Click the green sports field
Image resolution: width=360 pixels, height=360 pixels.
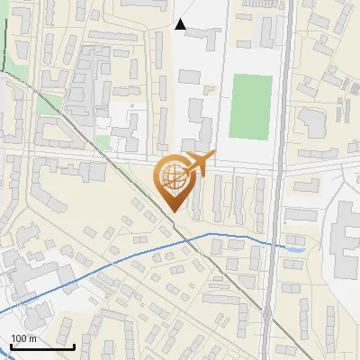(x=251, y=106)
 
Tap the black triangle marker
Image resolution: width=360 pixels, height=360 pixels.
(x=180, y=24)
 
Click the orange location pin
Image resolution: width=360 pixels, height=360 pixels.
(x=173, y=180)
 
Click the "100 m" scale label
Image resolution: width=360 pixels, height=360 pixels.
(x=24, y=338)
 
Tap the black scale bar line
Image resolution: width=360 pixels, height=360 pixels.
(x=42, y=346)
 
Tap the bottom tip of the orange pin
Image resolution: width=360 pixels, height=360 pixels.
(x=174, y=211)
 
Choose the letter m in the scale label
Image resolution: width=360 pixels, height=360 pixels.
(x=33, y=338)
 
